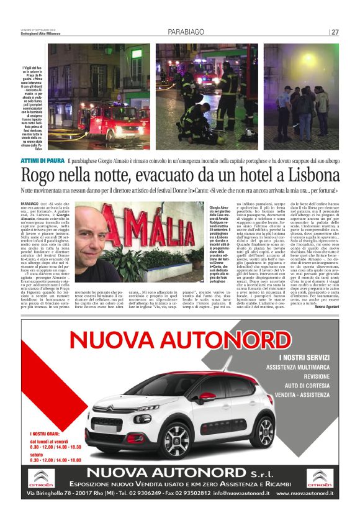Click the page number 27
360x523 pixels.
click(x=335, y=32)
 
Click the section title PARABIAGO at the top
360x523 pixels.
click(x=187, y=32)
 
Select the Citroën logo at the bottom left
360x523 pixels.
click(x=42, y=478)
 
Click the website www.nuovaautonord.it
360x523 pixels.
click(x=304, y=494)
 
